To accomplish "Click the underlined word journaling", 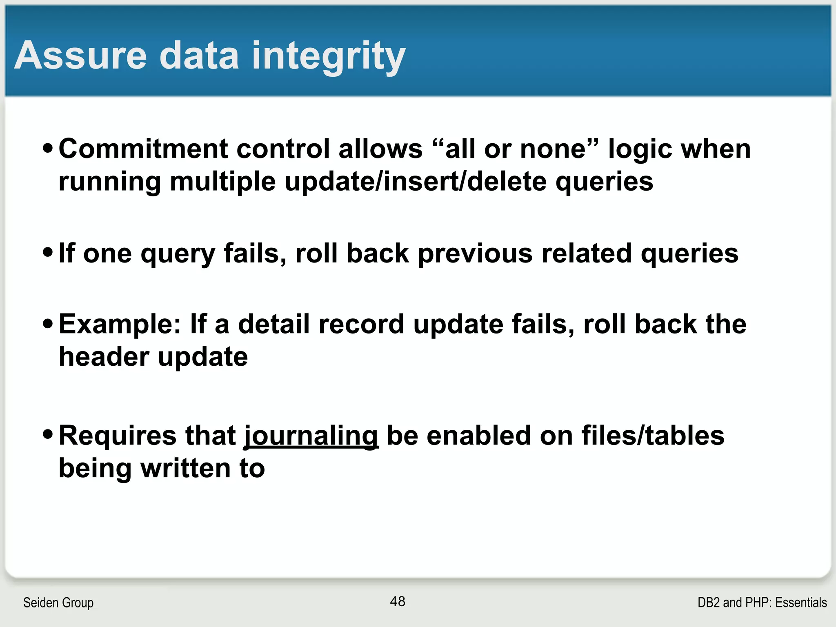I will [x=311, y=436].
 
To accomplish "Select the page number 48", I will [x=398, y=601].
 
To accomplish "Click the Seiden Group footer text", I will [x=58, y=603].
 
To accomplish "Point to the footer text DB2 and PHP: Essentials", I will [x=762, y=603].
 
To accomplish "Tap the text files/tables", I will [x=653, y=436].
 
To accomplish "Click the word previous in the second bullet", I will [x=475, y=253].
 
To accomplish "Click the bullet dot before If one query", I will [x=48, y=252].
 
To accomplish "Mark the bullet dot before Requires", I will [x=48, y=434].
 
